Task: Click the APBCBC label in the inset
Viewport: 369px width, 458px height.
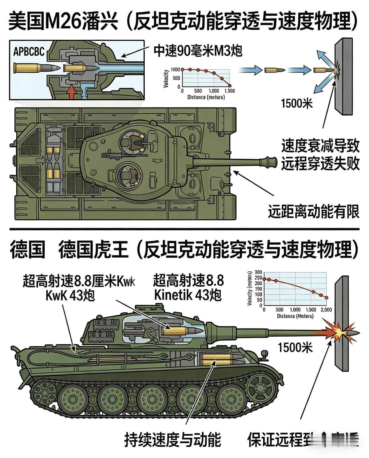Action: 29,52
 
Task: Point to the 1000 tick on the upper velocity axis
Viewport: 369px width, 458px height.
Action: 175,69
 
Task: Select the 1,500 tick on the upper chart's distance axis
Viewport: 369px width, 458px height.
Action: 229,91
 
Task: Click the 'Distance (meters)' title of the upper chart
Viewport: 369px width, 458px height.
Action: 206,97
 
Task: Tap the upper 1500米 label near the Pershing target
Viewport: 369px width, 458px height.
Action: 297,103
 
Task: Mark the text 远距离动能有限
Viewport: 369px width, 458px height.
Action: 314,212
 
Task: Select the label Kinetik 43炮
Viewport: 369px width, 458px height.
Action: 188,295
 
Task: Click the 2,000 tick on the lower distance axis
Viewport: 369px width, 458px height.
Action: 326,310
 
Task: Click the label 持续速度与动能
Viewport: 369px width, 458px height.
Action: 172,440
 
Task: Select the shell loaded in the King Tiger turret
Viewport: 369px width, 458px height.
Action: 182,331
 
